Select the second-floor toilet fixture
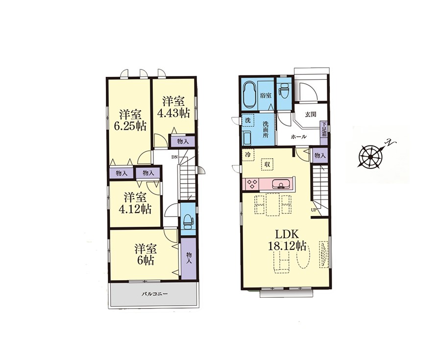tap(187, 220)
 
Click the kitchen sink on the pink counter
tap(280, 184)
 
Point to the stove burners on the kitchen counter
tap(252, 184)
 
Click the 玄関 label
tap(311, 115)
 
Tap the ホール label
tap(299, 137)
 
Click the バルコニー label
tap(154, 294)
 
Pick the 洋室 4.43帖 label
tap(173, 107)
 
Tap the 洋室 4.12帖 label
tap(135, 203)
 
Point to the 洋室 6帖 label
tap(146, 255)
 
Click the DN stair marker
tap(174, 157)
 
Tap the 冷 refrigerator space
tap(248, 154)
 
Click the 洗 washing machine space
tap(248, 120)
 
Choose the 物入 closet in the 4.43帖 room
tap(182, 142)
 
